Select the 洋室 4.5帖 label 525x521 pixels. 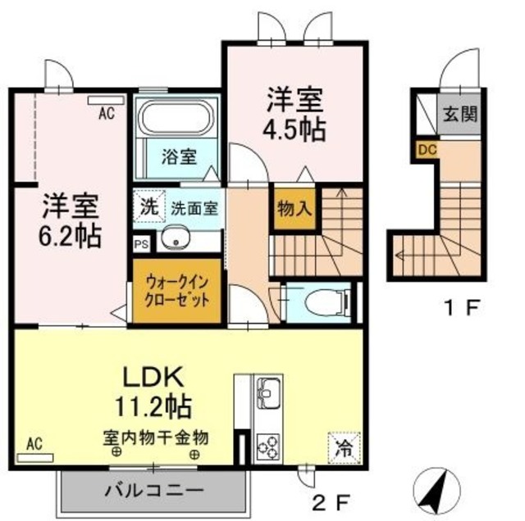point(294,115)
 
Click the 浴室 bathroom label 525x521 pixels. point(178,156)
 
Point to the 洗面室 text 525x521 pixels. point(194,208)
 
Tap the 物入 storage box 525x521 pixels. point(294,208)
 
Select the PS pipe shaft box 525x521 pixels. point(141,243)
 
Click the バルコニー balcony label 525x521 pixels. point(153,491)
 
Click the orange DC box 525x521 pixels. point(426,150)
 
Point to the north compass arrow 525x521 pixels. point(434,489)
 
